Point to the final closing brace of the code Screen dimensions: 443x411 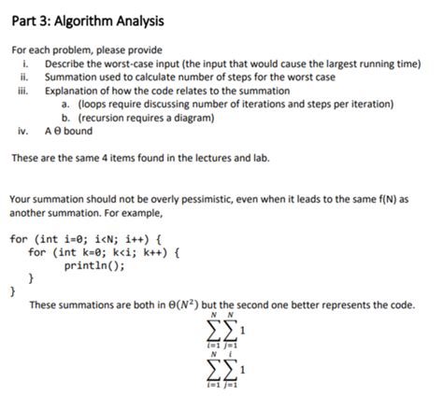(13, 291)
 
